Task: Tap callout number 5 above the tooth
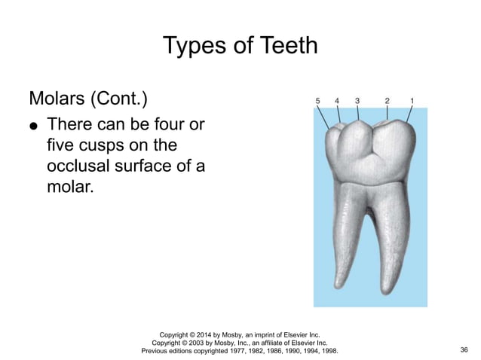pos(318,99)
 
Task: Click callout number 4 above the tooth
pos(336,99)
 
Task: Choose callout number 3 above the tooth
pos(357,99)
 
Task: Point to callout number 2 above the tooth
pos(387,99)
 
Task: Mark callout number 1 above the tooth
pos(412,99)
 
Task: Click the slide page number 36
pos(463,350)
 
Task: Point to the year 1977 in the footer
pos(239,350)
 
